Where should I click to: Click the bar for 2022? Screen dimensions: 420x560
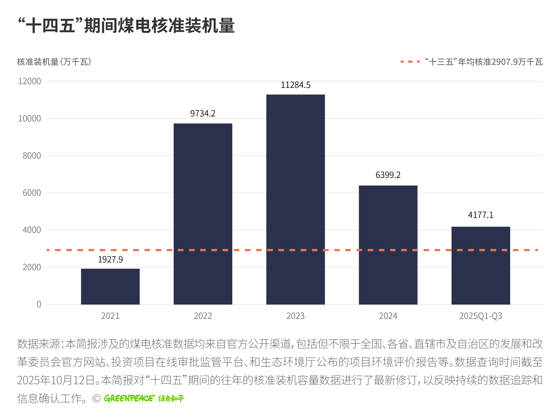203,214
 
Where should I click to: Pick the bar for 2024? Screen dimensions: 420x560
388,245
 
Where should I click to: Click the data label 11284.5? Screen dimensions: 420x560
296,85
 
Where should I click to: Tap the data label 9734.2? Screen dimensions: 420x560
203,113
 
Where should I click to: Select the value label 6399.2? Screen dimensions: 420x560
388,175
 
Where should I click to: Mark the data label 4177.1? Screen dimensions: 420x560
481,215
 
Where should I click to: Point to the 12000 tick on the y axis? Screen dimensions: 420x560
29,81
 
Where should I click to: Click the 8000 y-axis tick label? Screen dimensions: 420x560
32,156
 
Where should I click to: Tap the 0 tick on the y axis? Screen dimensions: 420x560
39,304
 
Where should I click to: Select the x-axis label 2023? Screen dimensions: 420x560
296,316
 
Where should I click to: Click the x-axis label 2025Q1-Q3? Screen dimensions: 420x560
481,316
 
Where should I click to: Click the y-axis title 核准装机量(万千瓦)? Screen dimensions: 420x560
54,62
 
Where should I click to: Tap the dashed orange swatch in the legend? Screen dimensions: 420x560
410,62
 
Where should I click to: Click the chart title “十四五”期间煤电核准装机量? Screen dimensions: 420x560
127,26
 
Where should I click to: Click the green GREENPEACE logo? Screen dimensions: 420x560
129,399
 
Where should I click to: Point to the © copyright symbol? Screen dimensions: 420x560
96,399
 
